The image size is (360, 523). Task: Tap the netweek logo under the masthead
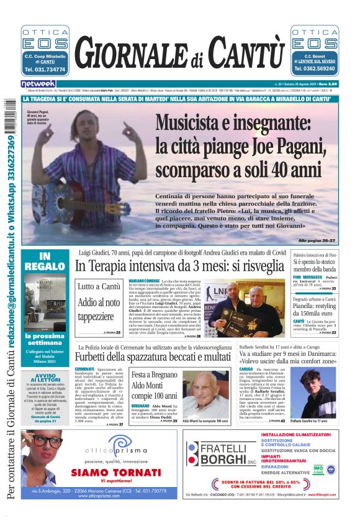click(38, 84)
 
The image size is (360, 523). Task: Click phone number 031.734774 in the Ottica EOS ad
click(45, 70)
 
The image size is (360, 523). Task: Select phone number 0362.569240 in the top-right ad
click(315, 70)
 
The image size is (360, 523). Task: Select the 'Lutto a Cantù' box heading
click(99, 288)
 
